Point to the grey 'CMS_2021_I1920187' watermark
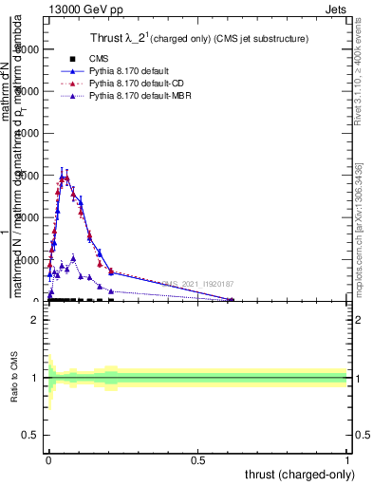point(197,284)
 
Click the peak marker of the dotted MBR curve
point(73,257)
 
